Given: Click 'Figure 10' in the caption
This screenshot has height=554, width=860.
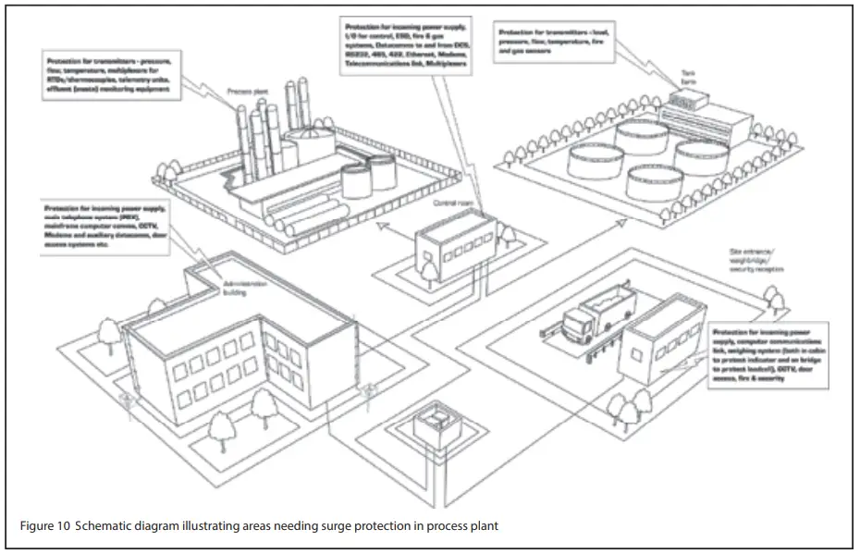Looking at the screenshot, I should click(44, 526).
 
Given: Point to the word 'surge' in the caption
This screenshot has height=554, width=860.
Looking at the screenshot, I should click(326, 526).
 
